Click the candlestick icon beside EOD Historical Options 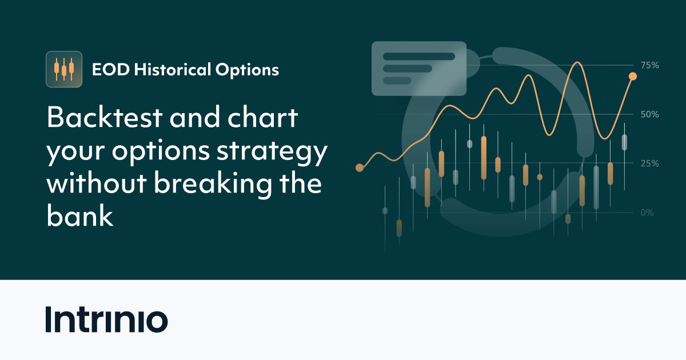64,69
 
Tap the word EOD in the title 107,70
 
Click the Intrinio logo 106,320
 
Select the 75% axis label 649,65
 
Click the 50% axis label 649,114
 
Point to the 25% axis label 649,163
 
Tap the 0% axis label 647,213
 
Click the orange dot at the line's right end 633,76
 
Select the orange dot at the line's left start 360,167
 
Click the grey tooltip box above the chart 418,68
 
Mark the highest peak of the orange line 578,62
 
